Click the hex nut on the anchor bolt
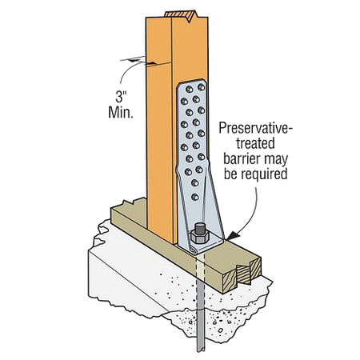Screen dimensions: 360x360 (x=199, y=236)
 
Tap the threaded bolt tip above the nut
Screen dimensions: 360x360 (x=199, y=228)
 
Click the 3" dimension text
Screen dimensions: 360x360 (x=121, y=97)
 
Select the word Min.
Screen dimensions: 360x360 (x=121, y=112)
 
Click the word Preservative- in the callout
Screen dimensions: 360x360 (x=255, y=128)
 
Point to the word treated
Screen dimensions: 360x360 (x=255, y=143)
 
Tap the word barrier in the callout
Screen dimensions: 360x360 (x=241, y=158)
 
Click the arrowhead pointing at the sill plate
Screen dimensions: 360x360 (x=233, y=234)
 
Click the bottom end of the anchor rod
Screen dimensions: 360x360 (x=200, y=350)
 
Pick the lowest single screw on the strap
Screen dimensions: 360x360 (x=195, y=197)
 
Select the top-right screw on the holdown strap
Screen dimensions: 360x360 (x=202, y=87)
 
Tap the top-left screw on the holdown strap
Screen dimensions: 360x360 (x=190, y=89)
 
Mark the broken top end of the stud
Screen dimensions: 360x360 (x=181, y=15)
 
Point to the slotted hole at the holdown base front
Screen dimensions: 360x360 (x=194, y=250)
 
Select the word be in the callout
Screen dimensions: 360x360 (x=230, y=174)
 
